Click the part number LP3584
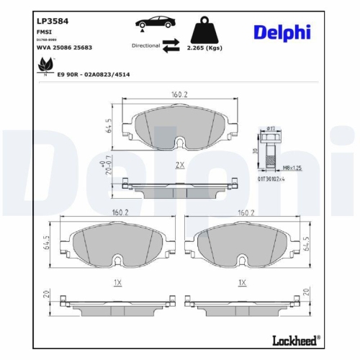point(53,21)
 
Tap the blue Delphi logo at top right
point(282,32)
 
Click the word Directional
point(145,45)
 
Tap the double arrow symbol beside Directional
point(171,46)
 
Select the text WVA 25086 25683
point(66,47)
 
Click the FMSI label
point(45,32)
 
